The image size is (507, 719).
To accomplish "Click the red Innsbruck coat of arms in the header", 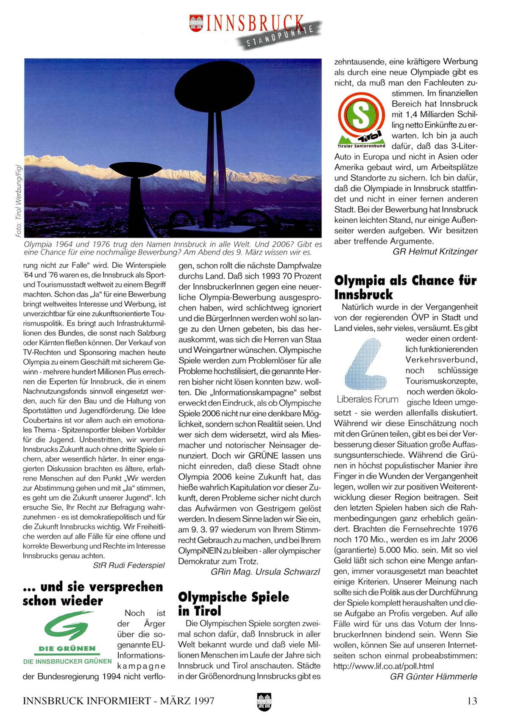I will pyautogui.click(x=196, y=23).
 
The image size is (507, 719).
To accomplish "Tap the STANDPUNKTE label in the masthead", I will pyautogui.click(x=280, y=36).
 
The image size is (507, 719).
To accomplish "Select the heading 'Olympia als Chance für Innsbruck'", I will pyautogui.click(x=405, y=287).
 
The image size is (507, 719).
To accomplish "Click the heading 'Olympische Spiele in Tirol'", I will pyautogui.click(x=234, y=603).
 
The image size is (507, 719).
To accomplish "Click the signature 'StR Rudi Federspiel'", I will pyautogui.click(x=129, y=565).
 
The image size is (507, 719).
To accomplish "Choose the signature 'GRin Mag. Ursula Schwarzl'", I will pyautogui.click(x=265, y=572).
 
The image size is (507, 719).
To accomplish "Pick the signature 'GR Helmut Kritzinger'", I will pyautogui.click(x=435, y=252).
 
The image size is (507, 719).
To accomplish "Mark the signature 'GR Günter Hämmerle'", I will pyautogui.click(x=434, y=677).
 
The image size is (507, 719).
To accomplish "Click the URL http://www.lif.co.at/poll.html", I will pyautogui.click(x=384, y=666).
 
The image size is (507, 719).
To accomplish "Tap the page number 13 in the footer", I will pyautogui.click(x=472, y=701).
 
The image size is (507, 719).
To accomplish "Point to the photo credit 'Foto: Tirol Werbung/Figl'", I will pyautogui.click(x=18, y=201).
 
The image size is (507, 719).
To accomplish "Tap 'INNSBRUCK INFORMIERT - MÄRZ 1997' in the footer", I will pyautogui.click(x=119, y=701).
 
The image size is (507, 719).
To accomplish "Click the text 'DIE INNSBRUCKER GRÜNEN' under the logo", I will pyautogui.click(x=67, y=661).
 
